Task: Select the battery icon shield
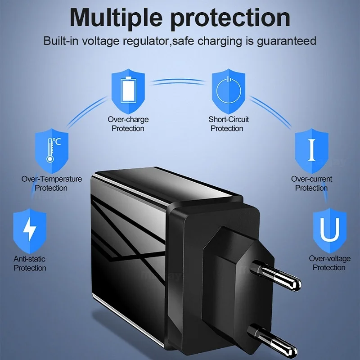pyautogui.click(x=128, y=90)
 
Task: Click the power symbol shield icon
pyautogui.click(x=229, y=90)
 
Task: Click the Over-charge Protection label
pyautogui.click(x=128, y=124)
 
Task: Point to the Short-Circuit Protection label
pyautogui.click(x=229, y=124)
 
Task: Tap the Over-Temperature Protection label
pyautogui.click(x=52, y=183)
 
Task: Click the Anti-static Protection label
pyautogui.click(x=30, y=263)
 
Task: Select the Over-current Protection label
pyautogui.click(x=311, y=183)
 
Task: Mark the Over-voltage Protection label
pyautogui.click(x=329, y=263)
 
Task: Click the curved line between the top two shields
pyautogui.click(x=178, y=81)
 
